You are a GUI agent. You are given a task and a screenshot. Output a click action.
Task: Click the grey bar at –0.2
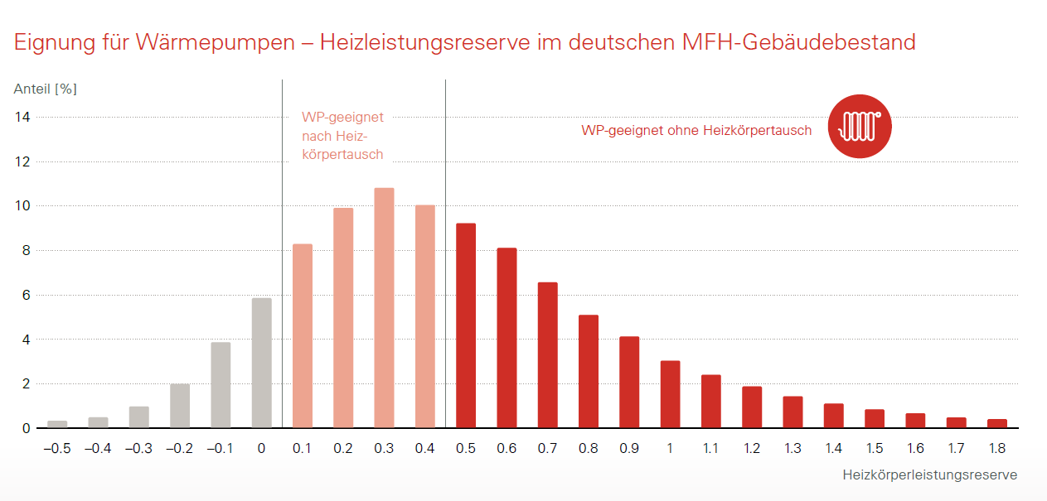tap(180, 406)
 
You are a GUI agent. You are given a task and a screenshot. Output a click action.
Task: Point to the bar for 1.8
tap(997, 423)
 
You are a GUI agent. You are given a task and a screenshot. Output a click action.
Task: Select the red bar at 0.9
tap(629, 382)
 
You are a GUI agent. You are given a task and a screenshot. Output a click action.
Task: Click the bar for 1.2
tap(752, 407)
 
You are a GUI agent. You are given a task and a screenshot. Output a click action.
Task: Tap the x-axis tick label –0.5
tap(57, 448)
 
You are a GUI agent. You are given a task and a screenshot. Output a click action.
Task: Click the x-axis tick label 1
tap(670, 448)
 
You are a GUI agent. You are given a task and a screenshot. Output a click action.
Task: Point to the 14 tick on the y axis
tap(22, 118)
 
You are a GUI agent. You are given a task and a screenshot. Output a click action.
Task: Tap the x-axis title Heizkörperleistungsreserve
tap(929, 475)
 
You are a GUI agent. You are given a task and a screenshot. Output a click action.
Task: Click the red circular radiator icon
tap(860, 126)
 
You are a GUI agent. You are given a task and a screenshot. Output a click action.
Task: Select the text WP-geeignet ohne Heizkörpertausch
tap(696, 131)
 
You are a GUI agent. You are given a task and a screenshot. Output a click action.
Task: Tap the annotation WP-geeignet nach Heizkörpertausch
tap(342, 136)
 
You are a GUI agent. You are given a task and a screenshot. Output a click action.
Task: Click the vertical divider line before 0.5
tap(446, 248)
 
